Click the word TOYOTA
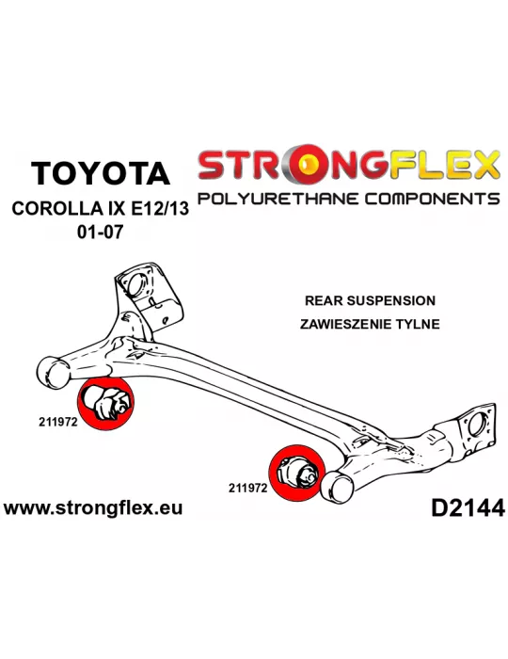101,172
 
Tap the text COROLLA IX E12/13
101,209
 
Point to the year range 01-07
101,232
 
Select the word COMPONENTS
432,199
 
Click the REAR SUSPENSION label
370,300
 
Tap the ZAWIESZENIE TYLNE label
370,324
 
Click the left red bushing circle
105,404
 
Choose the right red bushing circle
297,473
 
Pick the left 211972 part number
58,422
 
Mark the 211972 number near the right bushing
248,488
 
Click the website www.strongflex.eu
93,507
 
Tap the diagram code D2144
468,508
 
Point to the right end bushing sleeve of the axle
337,487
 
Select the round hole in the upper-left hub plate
135,286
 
